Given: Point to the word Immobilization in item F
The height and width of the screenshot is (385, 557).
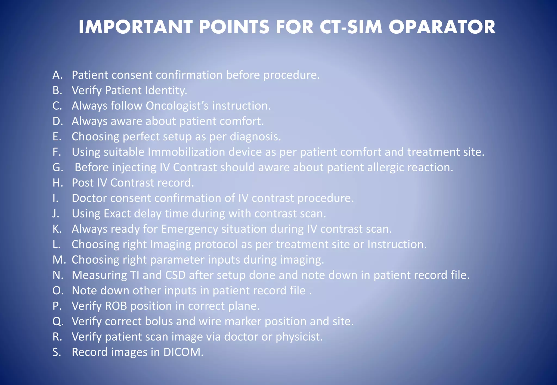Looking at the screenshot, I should (x=186, y=152).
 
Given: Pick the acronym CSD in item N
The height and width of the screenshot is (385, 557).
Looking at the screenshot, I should (x=175, y=275).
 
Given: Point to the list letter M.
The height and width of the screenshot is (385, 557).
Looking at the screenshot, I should (x=59, y=260).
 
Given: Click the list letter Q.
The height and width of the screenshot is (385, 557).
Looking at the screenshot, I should (x=58, y=321).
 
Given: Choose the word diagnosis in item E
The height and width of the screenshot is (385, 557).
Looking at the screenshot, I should (x=255, y=137).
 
